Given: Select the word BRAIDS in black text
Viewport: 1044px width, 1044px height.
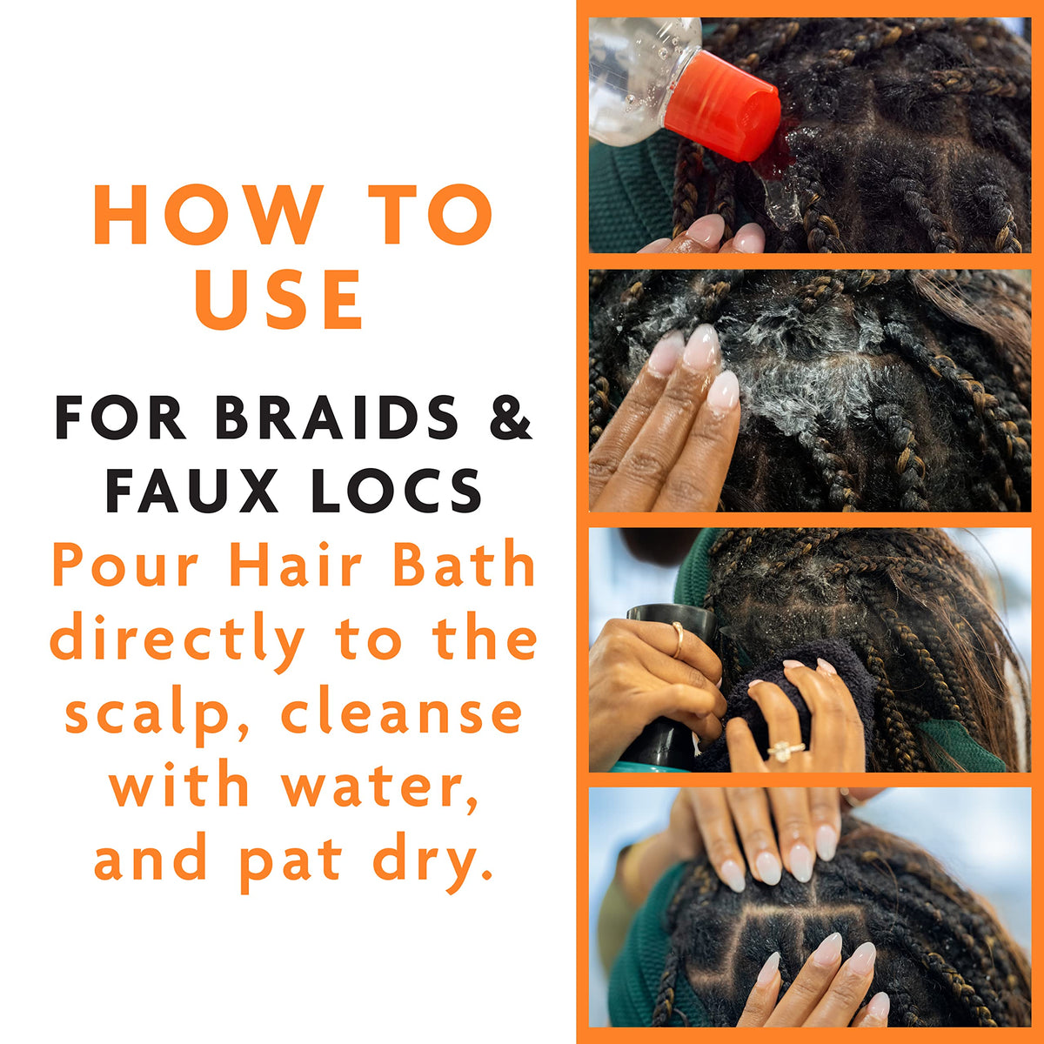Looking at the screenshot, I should (336, 418).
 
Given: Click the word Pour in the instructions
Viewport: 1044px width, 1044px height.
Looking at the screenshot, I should (126, 566).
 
